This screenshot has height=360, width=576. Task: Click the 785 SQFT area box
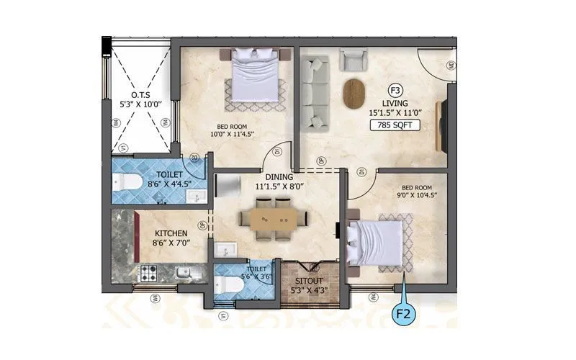click(395, 125)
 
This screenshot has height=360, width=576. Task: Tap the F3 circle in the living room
click(395, 91)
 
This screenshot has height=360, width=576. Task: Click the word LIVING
click(395, 103)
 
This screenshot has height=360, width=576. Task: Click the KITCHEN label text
click(171, 234)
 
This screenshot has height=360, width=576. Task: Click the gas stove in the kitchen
click(148, 273)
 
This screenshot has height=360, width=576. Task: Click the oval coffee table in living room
click(354, 92)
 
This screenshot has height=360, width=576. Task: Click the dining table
click(273, 217)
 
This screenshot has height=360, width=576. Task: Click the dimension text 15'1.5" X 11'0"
click(395, 114)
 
